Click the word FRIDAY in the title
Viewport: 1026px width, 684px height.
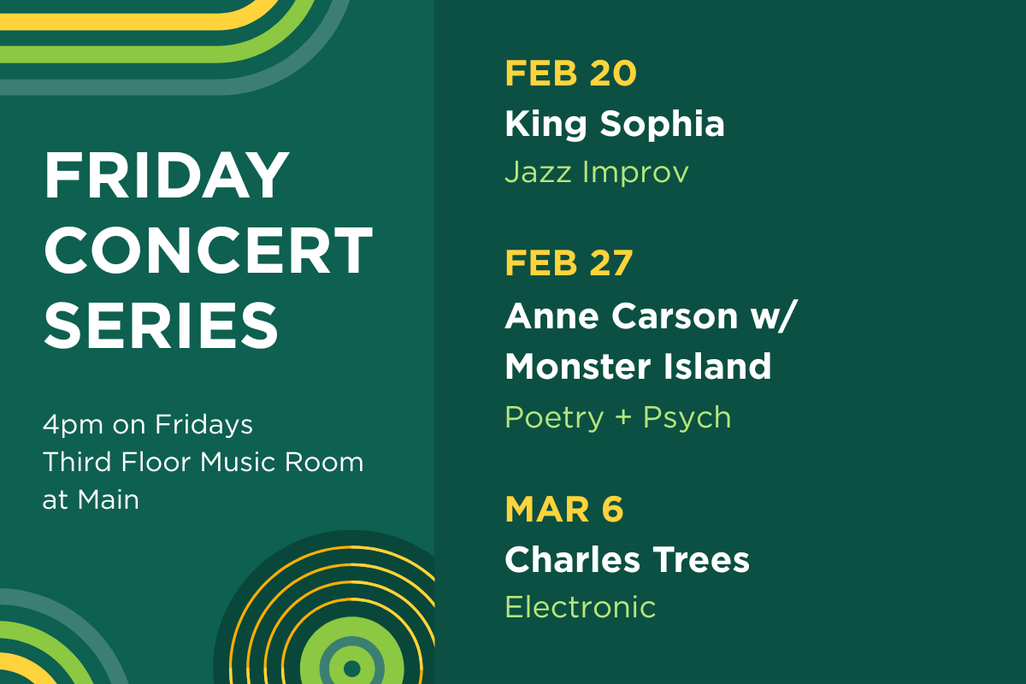click(x=167, y=176)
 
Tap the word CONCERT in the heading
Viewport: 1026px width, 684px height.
click(x=208, y=250)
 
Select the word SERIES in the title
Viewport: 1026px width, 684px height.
click(x=162, y=324)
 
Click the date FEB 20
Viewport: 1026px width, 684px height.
click(x=570, y=74)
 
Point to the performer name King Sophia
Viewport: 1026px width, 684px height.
click(x=614, y=125)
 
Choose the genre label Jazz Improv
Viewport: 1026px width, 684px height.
click(x=596, y=173)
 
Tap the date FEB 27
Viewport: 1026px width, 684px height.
click(x=569, y=263)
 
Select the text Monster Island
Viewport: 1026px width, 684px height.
click(x=638, y=367)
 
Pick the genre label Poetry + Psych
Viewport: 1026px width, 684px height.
click(x=617, y=417)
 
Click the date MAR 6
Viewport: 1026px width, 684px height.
click(x=563, y=510)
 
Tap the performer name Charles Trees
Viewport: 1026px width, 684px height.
click(x=627, y=561)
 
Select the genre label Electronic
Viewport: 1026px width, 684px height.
click(x=580, y=607)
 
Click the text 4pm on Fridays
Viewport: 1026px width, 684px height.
click(x=147, y=424)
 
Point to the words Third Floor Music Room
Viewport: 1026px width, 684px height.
click(x=203, y=463)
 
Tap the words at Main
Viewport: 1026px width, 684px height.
click(x=91, y=500)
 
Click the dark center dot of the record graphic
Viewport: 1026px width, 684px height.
click(x=351, y=668)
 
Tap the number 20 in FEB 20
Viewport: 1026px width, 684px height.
click(x=612, y=74)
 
